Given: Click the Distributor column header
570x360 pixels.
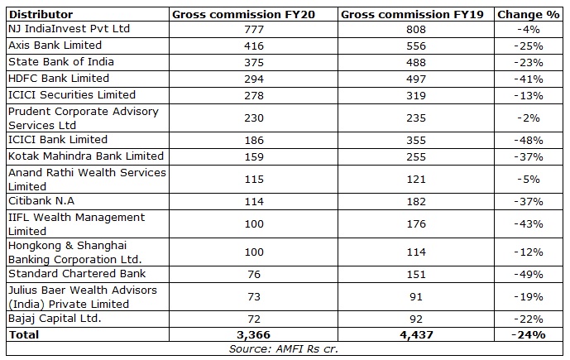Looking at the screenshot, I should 40,14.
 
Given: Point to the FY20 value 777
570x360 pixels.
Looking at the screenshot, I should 251,29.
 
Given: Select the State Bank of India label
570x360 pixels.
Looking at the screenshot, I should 60,62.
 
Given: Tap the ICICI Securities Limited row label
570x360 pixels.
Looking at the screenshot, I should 71,94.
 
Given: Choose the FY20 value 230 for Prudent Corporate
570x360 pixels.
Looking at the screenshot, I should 251,118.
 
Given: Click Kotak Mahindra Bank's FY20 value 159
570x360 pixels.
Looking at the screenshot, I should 251,156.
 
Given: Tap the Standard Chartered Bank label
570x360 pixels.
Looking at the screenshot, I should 76,273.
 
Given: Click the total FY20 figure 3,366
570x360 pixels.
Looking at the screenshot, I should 251,334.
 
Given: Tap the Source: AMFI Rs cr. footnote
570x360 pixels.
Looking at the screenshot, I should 285,349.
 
